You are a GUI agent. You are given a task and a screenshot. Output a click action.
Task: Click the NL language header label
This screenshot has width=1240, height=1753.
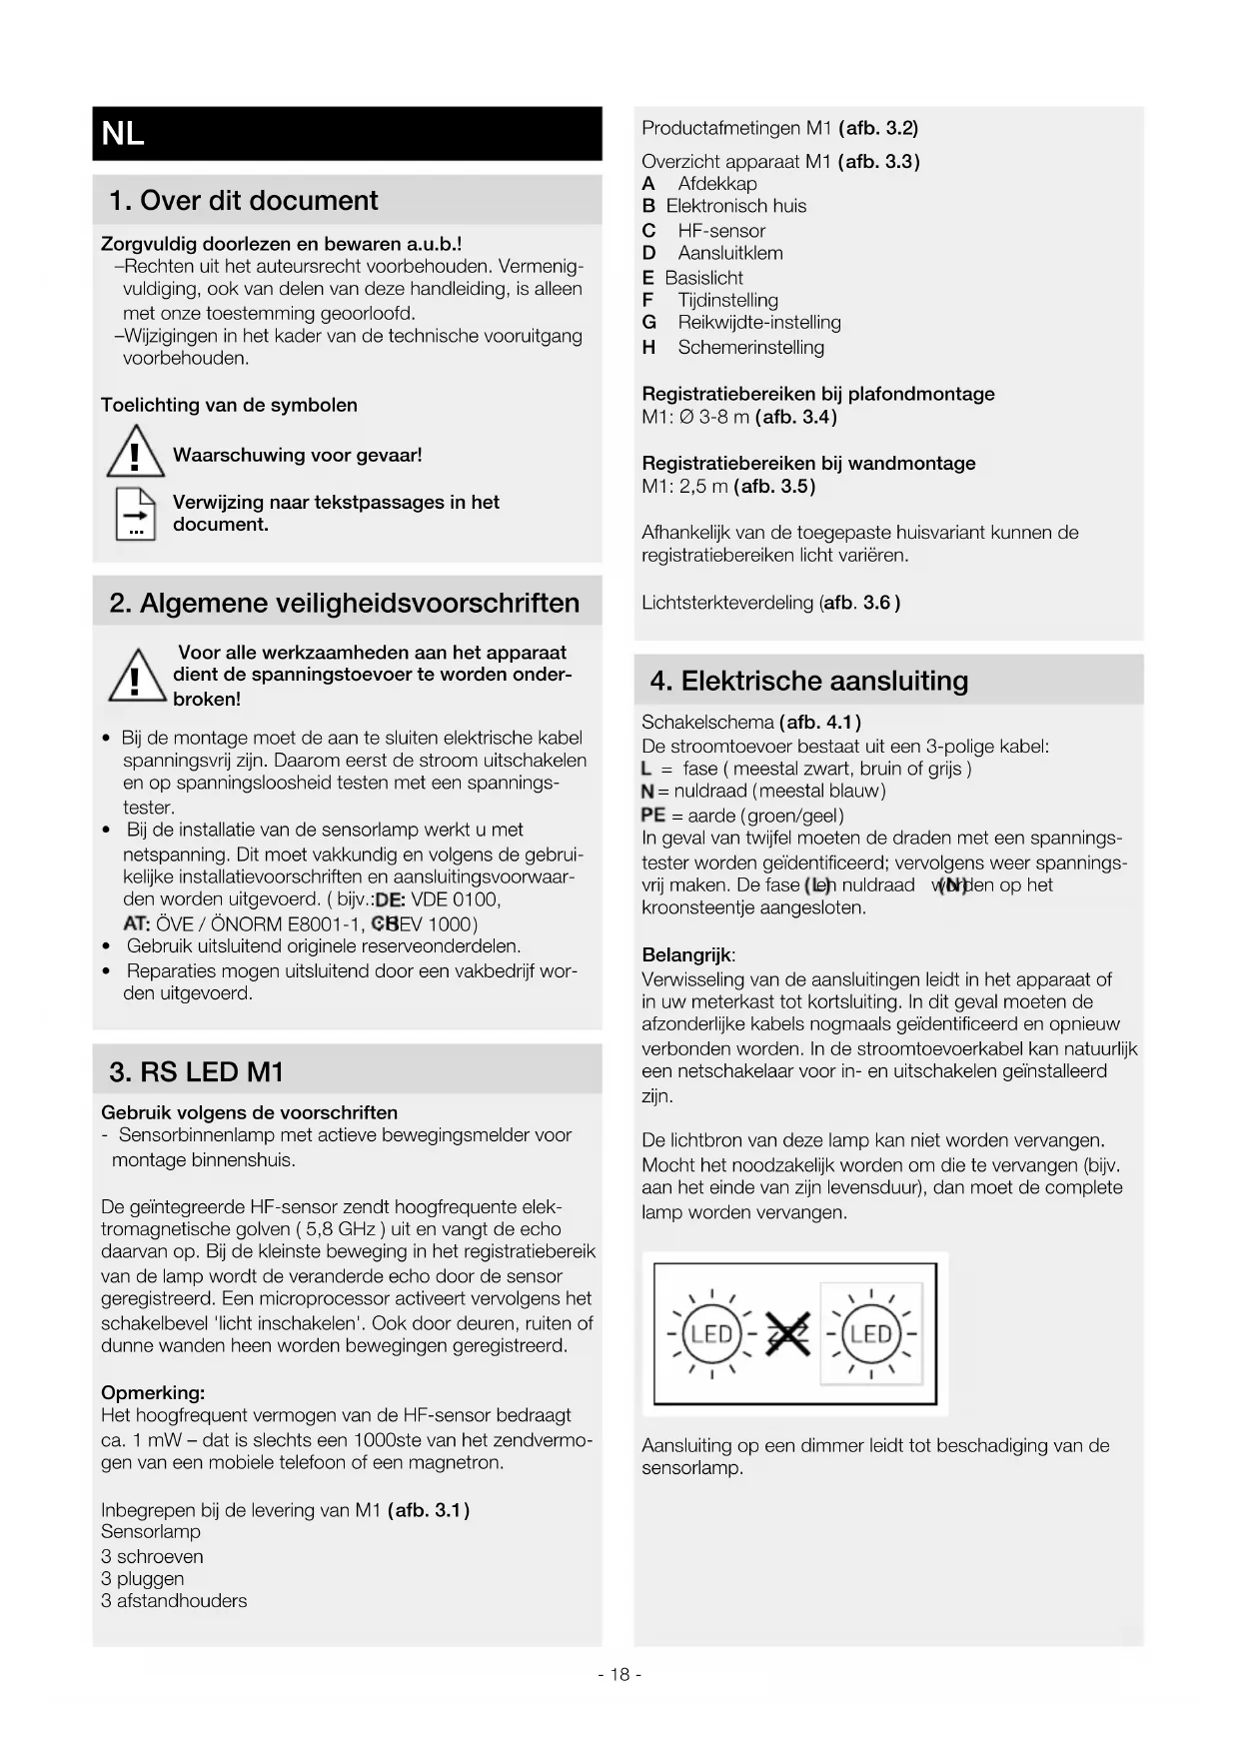(x=123, y=133)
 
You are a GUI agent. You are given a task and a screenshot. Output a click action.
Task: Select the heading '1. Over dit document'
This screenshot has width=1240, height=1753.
(x=243, y=200)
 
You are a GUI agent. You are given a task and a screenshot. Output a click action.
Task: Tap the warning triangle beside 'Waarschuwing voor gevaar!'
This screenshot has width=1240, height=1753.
(x=135, y=453)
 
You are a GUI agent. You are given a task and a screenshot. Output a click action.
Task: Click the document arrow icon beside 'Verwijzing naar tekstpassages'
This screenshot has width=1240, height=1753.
(x=135, y=514)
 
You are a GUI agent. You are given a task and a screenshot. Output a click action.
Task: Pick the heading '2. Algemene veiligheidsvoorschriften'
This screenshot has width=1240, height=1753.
(x=344, y=603)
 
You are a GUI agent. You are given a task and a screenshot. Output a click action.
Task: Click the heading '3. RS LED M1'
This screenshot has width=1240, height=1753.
(x=196, y=1071)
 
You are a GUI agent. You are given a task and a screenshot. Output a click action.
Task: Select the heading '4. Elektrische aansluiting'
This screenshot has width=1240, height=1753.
(x=809, y=681)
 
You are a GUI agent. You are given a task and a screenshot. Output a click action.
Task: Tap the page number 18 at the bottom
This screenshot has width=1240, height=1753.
(x=620, y=1674)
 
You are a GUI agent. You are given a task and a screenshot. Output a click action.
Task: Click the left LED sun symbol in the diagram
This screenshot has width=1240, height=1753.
(x=711, y=1333)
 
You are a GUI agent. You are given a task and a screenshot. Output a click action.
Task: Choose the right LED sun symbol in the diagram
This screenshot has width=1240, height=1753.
(x=870, y=1333)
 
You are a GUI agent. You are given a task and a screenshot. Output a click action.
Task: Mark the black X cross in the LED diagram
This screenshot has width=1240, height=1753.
(x=788, y=1334)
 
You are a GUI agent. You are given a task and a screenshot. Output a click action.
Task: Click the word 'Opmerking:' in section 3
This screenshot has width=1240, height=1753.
(x=153, y=1392)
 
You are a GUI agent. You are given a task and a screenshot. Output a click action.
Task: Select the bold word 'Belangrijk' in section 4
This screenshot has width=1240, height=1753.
(x=686, y=954)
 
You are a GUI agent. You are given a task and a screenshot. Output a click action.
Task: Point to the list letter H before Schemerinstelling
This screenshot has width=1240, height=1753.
(x=648, y=347)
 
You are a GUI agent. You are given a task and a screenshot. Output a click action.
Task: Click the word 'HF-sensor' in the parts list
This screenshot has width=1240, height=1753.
(x=721, y=230)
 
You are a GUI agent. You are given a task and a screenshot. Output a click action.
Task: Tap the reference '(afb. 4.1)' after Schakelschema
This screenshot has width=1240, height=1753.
(x=819, y=722)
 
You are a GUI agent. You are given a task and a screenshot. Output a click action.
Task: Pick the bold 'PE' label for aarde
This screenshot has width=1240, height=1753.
(x=652, y=816)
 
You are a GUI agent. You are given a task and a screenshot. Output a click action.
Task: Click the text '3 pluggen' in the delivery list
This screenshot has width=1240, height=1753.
(x=143, y=1578)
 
